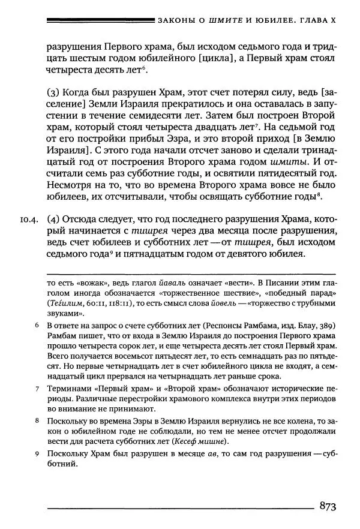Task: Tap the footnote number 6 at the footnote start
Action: [37, 325]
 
